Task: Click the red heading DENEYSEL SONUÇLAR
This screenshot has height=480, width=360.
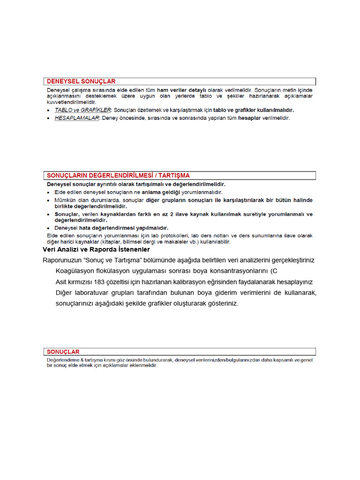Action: [x=81, y=82]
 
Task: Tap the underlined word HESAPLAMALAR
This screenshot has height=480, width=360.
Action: [x=77, y=118]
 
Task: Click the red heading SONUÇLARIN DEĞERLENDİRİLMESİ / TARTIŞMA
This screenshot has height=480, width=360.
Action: [x=118, y=175]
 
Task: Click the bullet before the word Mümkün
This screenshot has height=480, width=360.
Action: [x=50, y=200]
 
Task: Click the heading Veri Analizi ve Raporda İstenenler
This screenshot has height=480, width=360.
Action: [x=96, y=249]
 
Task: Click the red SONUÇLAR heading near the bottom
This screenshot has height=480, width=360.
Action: [x=63, y=352]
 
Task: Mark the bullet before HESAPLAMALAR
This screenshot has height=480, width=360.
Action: [x=50, y=119]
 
